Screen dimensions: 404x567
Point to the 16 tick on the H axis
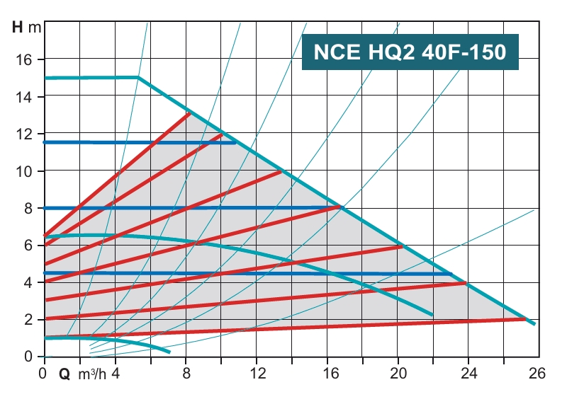(24, 59)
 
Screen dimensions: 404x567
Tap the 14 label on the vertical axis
(24, 96)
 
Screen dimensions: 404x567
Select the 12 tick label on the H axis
(24, 134)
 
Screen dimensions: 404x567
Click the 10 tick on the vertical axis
(24, 171)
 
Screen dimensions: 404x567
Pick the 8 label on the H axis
(28, 208)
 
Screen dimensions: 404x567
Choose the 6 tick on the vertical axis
(28, 246)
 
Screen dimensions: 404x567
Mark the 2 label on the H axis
(28, 320)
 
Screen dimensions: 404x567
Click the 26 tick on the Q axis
(536, 373)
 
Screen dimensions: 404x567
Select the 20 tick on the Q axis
(398, 373)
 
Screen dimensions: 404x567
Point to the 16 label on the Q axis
(327, 373)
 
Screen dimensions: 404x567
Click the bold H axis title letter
(18, 28)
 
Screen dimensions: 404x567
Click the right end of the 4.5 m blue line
(451, 274)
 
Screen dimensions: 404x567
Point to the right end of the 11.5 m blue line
(236, 142)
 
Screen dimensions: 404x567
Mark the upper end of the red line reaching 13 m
(190, 113)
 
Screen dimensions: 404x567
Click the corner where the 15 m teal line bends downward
(138, 78)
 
